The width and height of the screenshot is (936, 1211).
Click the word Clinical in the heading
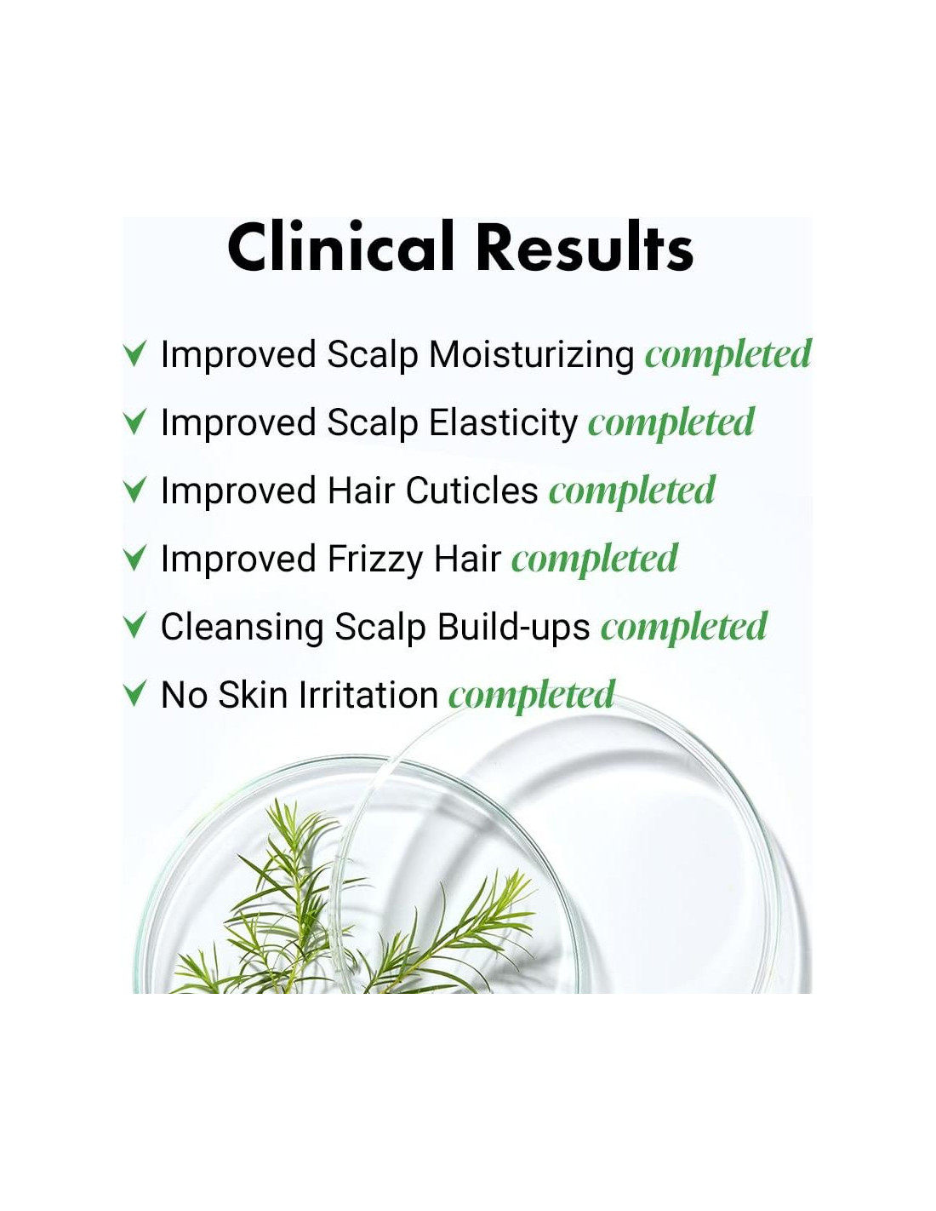340,246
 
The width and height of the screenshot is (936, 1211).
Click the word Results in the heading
585,246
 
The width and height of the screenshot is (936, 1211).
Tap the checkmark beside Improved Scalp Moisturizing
134,353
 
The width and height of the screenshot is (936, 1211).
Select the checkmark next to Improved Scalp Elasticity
134,422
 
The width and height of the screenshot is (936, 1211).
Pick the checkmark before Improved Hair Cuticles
134,490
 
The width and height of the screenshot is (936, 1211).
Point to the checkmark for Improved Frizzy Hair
134,558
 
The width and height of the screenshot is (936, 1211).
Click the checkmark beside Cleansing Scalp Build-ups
134,626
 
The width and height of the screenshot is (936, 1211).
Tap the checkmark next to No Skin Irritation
134,694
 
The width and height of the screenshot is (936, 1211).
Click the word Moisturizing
531,356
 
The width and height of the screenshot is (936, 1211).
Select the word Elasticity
504,423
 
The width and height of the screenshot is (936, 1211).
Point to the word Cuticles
471,491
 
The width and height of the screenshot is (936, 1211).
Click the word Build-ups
513,627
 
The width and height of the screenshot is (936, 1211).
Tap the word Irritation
368,695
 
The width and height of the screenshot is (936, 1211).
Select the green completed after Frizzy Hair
595,560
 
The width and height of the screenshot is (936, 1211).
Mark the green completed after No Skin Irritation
532,696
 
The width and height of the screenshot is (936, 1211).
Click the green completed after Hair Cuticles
632,491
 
